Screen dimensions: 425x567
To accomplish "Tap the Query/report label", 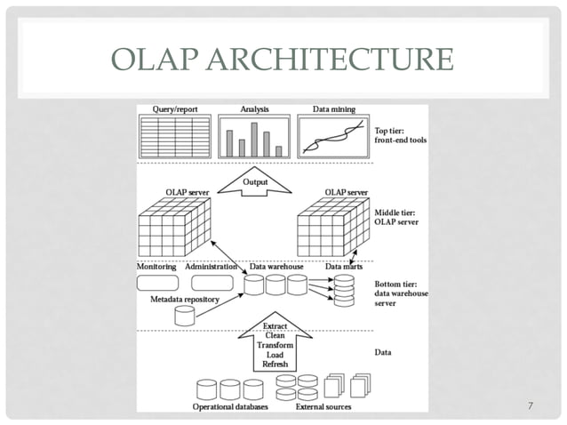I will tap(168, 109).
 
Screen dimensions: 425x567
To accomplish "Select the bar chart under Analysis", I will tap(254, 137).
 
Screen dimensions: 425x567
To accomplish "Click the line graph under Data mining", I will tap(333, 137).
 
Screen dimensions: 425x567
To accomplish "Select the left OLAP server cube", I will tap(172, 228).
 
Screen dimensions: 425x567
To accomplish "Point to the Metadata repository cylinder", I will tap(184, 315).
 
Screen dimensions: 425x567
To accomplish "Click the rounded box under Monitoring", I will tap(157, 283).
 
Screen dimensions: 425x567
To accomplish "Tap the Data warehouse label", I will tap(277, 266).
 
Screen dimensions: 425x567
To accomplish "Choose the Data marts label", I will tap(342, 266).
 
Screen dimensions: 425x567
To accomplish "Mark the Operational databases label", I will tap(228, 407).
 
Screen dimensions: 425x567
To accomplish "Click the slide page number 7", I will tap(530, 406).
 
